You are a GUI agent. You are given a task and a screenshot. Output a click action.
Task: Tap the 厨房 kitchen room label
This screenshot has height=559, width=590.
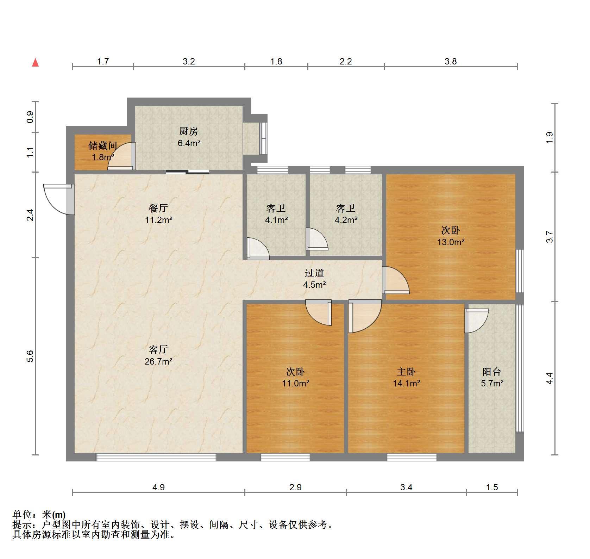point(189,131)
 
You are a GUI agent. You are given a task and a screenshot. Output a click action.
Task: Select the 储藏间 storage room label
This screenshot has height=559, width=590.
point(102,146)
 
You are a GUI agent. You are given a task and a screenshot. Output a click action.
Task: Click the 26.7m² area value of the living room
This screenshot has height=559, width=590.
point(158,361)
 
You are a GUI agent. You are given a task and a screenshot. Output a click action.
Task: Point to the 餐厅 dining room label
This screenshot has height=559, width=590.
point(158,209)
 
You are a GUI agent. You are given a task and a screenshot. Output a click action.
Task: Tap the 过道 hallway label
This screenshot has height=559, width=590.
point(314,273)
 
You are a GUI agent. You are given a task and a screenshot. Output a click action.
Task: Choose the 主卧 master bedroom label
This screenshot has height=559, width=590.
point(406,372)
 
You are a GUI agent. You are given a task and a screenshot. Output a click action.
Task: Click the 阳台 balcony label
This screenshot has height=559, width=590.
point(492,372)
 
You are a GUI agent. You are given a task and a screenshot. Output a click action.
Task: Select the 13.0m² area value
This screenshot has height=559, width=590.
point(451,242)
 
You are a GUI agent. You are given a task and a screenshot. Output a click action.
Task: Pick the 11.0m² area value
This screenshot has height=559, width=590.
point(295,383)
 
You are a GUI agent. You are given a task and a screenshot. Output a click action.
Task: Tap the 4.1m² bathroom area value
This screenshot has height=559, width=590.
point(276,220)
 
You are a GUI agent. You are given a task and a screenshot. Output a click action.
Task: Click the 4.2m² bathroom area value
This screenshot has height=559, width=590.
point(346,220)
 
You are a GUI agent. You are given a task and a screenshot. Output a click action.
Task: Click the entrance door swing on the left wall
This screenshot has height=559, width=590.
point(59,199)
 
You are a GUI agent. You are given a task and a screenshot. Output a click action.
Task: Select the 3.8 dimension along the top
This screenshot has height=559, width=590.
point(451,62)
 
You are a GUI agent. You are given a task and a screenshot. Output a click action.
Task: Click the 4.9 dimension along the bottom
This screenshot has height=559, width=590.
point(158,487)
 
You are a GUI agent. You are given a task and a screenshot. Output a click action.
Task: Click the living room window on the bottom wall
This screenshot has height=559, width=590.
point(156,457)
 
